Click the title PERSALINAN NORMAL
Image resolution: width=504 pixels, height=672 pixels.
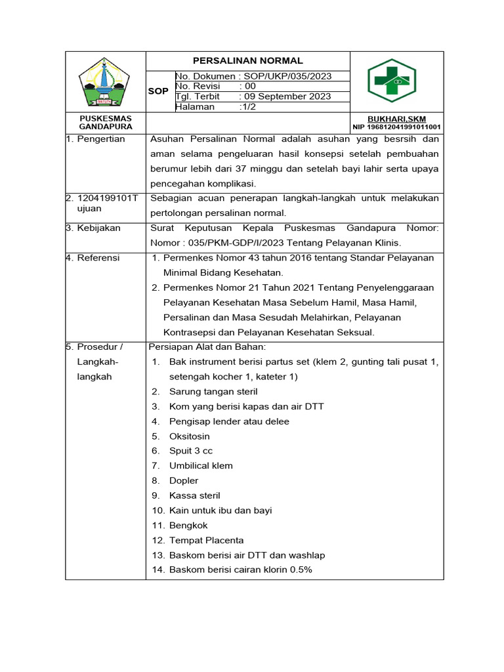tap(248, 60)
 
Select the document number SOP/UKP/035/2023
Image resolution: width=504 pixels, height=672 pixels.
tap(287, 76)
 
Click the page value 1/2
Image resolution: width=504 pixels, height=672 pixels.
tap(247, 107)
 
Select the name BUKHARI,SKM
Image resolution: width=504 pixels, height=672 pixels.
tap(396, 119)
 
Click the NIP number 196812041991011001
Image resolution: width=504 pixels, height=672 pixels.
tap(396, 127)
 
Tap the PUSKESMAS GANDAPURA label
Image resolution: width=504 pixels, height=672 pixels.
tap(106, 122)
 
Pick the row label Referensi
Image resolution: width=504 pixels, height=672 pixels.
tap(98, 258)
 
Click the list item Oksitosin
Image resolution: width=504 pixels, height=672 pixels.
tap(190, 436)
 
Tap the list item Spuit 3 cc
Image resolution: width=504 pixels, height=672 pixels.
tap(191, 451)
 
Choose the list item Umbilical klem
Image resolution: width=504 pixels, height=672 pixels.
tap(201, 465)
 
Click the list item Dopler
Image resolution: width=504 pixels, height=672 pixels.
tap(184, 480)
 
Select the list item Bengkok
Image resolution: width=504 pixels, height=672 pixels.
tap(188, 525)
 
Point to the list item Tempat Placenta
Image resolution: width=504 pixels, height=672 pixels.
tap(206, 540)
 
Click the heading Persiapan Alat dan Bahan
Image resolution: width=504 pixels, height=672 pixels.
tap(207, 346)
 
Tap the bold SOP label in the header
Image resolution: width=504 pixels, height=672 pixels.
tap(158, 91)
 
